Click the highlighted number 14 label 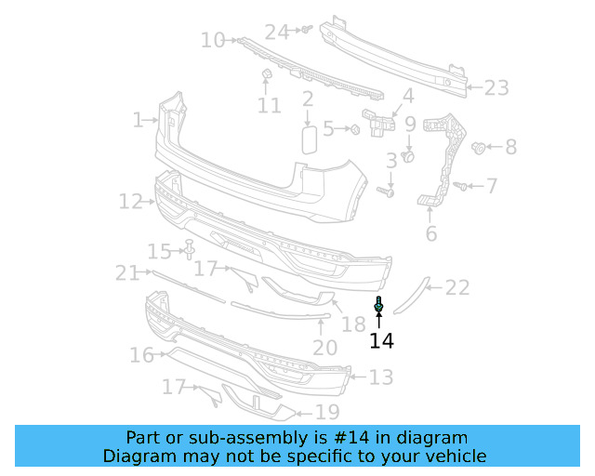381,341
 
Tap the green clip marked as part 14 379,304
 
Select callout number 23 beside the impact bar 496,88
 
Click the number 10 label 213,40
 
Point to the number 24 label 277,32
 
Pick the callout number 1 138,120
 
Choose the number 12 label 129,201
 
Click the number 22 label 457,288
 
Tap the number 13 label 381,377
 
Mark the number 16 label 141,355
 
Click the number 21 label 126,272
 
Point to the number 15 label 160,251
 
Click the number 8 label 510,147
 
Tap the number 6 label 430,233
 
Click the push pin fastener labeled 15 190,249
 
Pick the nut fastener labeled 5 355,129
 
